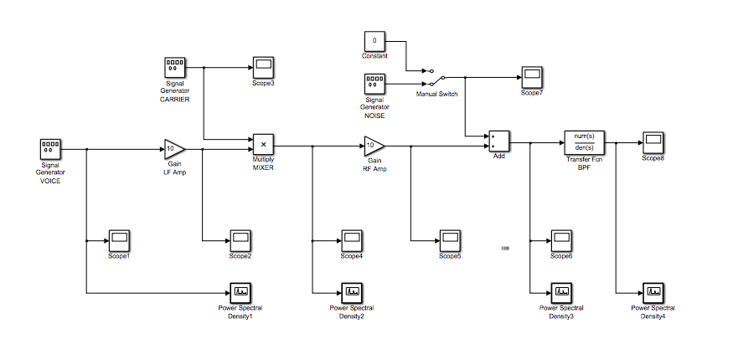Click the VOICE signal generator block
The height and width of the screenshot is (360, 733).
tap(51, 150)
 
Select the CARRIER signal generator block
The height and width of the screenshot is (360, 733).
tap(174, 68)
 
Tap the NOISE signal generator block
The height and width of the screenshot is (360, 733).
tap(374, 84)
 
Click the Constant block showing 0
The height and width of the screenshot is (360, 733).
tap(374, 41)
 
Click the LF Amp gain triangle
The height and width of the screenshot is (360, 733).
tap(174, 149)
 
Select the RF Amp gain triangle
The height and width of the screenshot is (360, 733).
tap(374, 146)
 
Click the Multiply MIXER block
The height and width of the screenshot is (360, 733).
tap(263, 144)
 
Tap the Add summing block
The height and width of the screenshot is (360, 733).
tap(499, 140)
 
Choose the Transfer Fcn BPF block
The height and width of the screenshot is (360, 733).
tap(585, 141)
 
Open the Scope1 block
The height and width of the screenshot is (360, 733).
tap(119, 240)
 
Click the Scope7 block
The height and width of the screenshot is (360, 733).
tap(531, 76)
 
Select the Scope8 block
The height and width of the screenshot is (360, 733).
tap(653, 141)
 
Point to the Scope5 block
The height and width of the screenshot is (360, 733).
tap(450, 240)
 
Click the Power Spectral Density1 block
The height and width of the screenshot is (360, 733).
tap(240, 292)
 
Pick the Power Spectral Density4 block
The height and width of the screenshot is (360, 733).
tap(653, 292)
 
